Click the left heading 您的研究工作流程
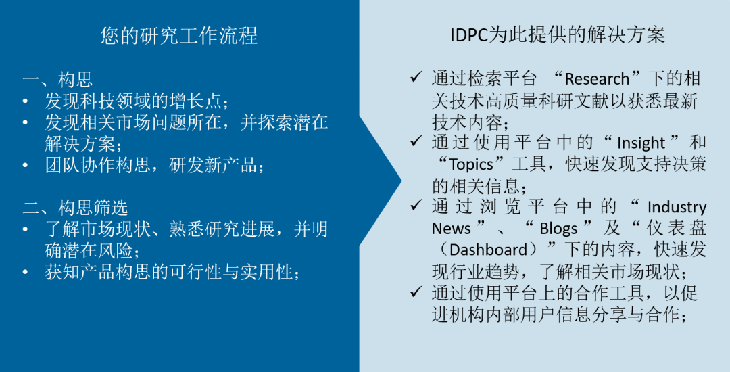(x=178, y=35)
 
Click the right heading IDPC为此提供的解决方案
(x=557, y=35)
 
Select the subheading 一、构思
(x=57, y=79)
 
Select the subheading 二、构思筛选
(x=76, y=208)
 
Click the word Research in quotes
(x=597, y=79)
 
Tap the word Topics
(x=471, y=164)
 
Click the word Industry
(x=677, y=207)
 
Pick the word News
(x=451, y=229)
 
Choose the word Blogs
(x=558, y=229)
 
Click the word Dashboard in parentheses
(x=488, y=250)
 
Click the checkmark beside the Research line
(x=416, y=77)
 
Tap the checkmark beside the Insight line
(x=416, y=141)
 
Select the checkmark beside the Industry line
(x=416, y=205)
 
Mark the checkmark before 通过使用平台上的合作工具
(x=416, y=292)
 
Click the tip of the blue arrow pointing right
(x=401, y=181)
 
